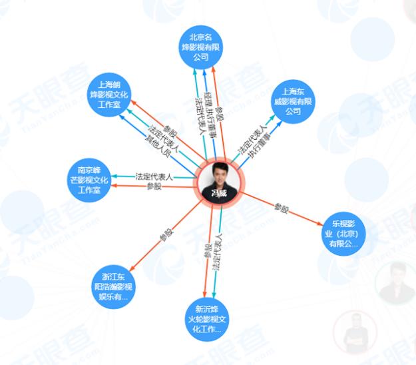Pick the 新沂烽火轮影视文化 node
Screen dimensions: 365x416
pyautogui.click(x=208, y=318)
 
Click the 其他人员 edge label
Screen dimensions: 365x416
pyautogui.click(x=158, y=146)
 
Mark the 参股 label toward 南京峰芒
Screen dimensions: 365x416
pyautogui.click(x=154, y=186)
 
